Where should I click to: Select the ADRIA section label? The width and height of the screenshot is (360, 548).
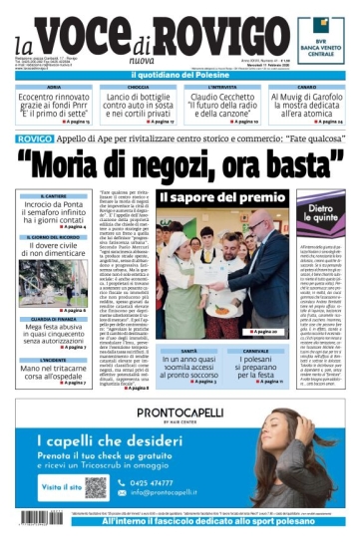coord(54,89)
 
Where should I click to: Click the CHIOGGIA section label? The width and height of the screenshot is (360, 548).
coord(138,89)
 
